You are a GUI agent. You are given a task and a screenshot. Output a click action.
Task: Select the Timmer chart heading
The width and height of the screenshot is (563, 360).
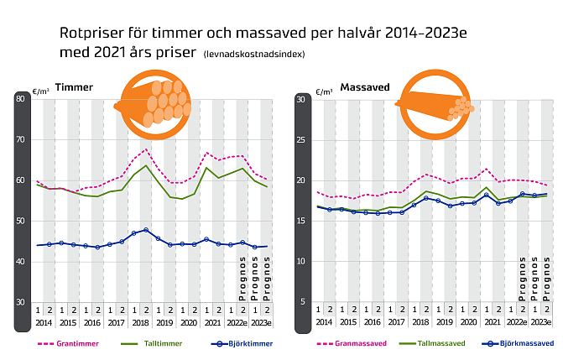[x=74, y=87]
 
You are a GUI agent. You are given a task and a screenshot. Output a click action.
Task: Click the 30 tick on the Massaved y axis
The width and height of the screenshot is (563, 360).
[x=300, y=100]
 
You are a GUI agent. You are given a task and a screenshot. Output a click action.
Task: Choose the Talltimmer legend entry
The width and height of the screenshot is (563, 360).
[x=147, y=343]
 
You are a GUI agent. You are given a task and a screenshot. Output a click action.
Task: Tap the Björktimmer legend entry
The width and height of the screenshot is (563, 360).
[x=231, y=343]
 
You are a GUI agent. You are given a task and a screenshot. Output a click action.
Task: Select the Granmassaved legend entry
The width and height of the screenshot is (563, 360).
[x=351, y=343]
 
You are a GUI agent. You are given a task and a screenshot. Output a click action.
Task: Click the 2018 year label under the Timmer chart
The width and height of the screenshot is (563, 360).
[x=140, y=322]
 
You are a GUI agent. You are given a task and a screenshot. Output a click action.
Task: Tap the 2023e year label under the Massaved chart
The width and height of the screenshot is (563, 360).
[x=541, y=322]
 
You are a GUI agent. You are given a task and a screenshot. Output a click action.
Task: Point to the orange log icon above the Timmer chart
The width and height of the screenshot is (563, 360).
[x=156, y=105]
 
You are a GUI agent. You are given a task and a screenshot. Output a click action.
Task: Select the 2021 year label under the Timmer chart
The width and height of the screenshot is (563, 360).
[x=213, y=322]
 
